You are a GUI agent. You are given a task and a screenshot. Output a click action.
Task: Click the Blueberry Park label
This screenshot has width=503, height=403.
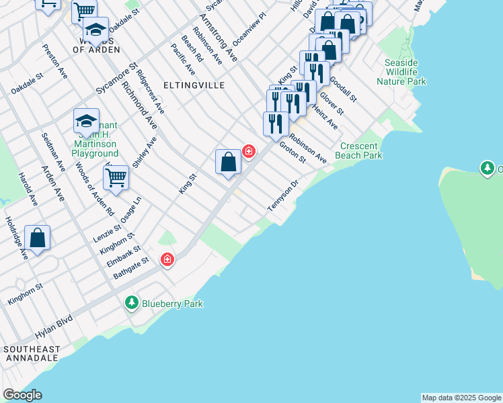[x=172, y=304]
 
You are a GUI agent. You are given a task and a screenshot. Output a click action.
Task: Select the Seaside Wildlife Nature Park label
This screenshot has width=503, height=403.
[x=401, y=72]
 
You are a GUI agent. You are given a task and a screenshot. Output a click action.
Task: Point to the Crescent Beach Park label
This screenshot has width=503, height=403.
[x=361, y=150]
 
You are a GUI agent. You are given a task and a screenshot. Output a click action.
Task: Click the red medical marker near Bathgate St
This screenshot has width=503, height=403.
[x=167, y=259]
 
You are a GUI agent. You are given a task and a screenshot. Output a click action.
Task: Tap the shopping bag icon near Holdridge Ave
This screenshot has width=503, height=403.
[x=38, y=238]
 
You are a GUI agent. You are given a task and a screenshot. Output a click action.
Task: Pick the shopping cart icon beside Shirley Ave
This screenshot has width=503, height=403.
[x=116, y=178]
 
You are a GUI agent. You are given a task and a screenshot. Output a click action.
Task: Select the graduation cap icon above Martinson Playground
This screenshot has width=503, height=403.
[x=86, y=121]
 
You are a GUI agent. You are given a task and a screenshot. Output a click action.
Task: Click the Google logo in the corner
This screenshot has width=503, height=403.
[x=22, y=395]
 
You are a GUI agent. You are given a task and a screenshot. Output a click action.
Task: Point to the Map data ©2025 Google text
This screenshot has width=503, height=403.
[x=461, y=398]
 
